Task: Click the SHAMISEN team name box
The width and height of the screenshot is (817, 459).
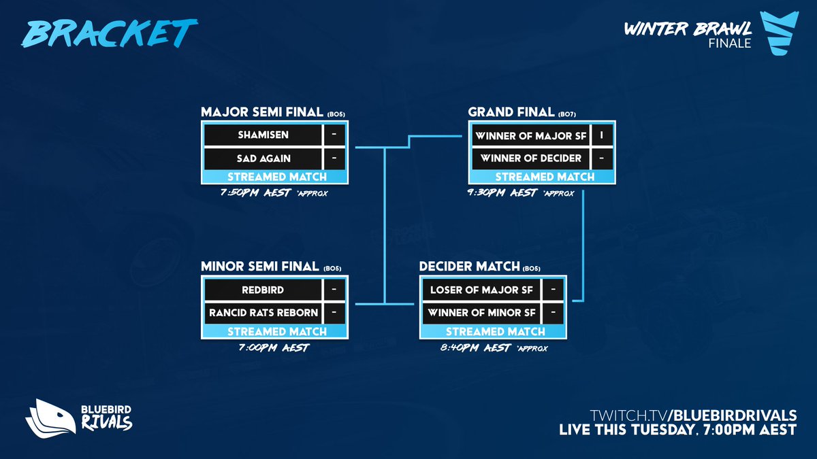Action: pos(263,135)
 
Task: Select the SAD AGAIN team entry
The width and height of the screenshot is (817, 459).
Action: pos(263,158)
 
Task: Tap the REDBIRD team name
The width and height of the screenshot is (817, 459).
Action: pos(263,289)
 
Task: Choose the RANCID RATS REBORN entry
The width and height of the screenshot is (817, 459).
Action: pos(263,313)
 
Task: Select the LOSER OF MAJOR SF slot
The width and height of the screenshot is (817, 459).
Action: pos(481,289)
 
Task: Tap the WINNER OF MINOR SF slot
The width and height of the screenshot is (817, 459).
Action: pos(481,313)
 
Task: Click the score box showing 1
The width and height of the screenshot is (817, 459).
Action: pos(602,135)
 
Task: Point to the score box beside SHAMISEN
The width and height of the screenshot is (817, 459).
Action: pos(335,135)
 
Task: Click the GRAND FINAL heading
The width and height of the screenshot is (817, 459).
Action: pos(511,112)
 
